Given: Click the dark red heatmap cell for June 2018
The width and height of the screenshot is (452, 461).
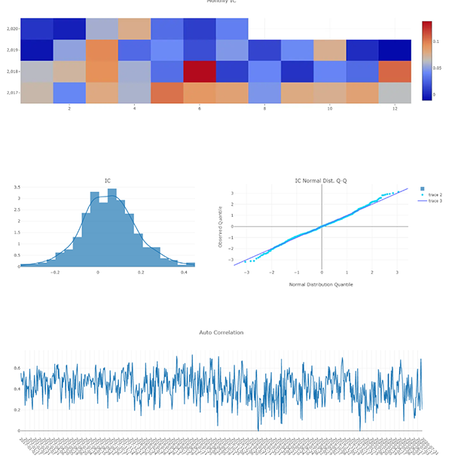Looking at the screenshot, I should point(199,72).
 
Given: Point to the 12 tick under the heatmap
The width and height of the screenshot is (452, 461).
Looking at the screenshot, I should point(395,109).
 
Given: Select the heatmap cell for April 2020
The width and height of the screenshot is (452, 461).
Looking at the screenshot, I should point(134,29).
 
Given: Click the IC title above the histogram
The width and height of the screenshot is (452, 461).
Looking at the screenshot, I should point(108,181).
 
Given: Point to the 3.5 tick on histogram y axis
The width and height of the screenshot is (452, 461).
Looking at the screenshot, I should point(17,186).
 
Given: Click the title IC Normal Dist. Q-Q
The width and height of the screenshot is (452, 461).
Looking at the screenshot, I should point(321,181).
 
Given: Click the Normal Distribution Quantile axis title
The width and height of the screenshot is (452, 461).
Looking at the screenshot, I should point(321,284).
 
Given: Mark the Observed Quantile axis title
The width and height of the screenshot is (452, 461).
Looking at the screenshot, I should point(220,226).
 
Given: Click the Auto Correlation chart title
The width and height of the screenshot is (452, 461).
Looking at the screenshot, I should point(221,332).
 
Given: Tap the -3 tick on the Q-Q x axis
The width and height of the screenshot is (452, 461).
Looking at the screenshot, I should point(246,273).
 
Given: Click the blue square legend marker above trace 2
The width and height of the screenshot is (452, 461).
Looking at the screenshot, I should point(422,188).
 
